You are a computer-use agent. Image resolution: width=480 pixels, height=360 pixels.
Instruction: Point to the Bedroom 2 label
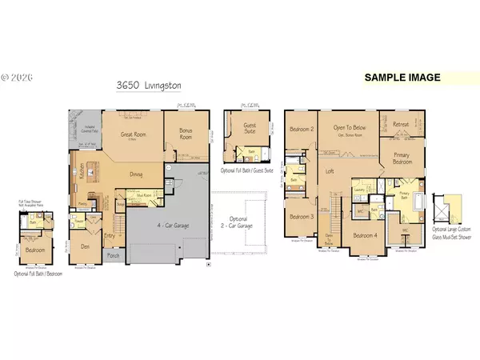coord(301,128)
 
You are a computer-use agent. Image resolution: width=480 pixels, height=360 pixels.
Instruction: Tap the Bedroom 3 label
coord(300,216)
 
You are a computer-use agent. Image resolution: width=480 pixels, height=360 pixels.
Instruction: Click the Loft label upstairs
coord(328,171)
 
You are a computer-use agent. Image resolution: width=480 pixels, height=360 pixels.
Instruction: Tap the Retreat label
coord(401,124)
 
